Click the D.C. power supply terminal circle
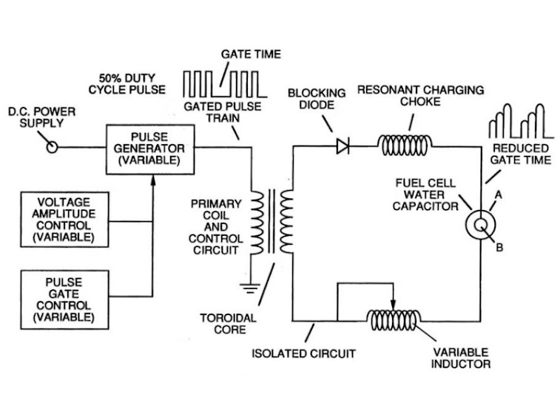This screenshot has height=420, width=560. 52,147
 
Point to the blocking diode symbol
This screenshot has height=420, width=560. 343,146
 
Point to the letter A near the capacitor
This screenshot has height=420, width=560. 498,194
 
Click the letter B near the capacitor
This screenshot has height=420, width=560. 499,247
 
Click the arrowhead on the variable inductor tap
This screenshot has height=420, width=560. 394,306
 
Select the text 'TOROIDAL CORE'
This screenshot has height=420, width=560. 229,324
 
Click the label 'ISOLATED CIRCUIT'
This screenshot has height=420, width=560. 303,353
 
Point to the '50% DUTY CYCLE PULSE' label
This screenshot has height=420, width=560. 127,84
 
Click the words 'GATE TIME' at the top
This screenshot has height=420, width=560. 251,54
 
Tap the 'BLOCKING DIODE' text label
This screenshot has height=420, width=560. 317,99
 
